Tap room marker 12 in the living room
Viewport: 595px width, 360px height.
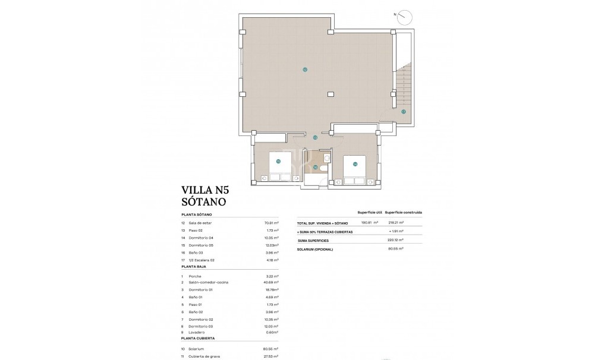point(304,70)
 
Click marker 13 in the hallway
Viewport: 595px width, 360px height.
point(315,137)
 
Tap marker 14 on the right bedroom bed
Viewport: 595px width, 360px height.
point(355,164)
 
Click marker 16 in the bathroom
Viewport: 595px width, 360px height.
point(316,167)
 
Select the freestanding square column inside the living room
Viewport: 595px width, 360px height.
point(330,93)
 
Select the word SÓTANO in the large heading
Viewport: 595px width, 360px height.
point(203,201)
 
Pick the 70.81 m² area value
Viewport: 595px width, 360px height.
point(271,223)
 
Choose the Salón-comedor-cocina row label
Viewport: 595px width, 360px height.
point(209,282)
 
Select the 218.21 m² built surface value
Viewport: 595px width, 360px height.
point(393,223)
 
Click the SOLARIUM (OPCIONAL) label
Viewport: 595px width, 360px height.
point(316,249)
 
